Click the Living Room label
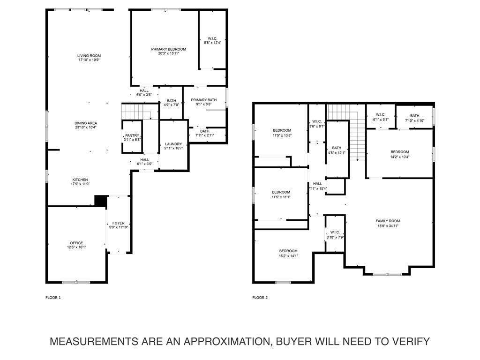pyautogui.click(x=89, y=56)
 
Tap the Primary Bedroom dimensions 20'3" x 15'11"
pyautogui.click(x=168, y=53)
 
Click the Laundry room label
pyautogui.click(x=173, y=144)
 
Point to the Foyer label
pyautogui.click(x=118, y=223)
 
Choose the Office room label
pyautogui.click(x=76, y=243)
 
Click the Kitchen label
pyautogui.click(x=80, y=180)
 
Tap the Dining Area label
pyautogui.click(x=85, y=123)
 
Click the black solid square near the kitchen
pyautogui.click(x=100, y=201)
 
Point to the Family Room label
pyautogui.click(x=388, y=221)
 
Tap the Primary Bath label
pyautogui.click(x=203, y=100)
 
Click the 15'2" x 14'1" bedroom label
pyautogui.click(x=288, y=251)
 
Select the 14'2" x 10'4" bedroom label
pyautogui.click(x=399, y=152)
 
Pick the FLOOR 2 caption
pyautogui.click(x=260, y=297)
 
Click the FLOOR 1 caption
pyautogui.click(x=53, y=297)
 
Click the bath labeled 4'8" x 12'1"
pyautogui.click(x=337, y=148)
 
